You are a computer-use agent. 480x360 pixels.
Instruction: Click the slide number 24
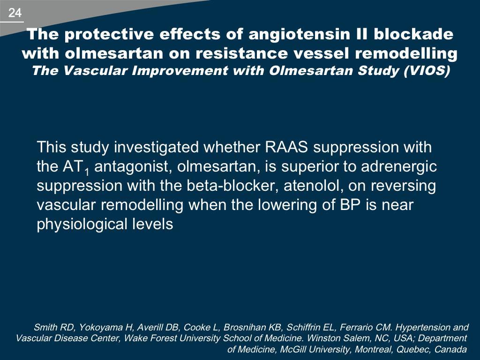tap(15, 13)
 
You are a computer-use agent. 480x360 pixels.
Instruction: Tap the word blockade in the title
tap(413, 34)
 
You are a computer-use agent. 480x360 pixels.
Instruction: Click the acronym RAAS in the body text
tap(286, 147)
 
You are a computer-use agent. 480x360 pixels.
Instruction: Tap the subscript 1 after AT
tap(87, 172)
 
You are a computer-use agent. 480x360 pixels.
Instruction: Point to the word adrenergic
tap(399, 167)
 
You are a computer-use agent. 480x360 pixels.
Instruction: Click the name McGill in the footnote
tap(291, 349)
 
